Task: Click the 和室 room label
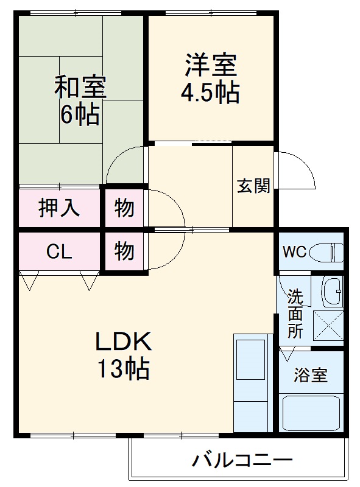(80, 88)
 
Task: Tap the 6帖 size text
(80, 114)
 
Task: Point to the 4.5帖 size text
(209, 92)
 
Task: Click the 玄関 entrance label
(253, 186)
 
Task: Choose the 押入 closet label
(59, 208)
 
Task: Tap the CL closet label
(59, 251)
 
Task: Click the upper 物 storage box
(124, 208)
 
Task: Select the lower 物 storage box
(124, 251)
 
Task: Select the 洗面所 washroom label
(295, 314)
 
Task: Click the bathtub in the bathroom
(311, 413)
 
